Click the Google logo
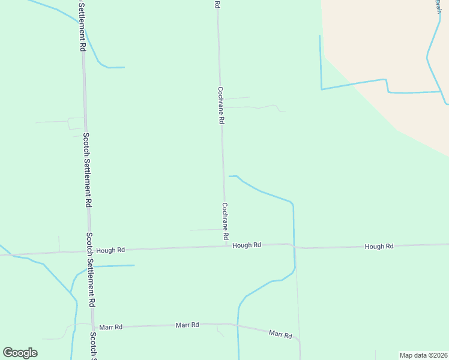coord(20,353)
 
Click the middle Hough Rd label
coord(247,245)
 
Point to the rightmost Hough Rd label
coord(379,247)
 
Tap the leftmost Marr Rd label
coord(111,327)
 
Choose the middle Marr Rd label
coord(187,325)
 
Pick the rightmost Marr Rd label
coord(280,334)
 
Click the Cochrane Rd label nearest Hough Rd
coord(225,220)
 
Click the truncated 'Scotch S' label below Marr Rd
coord(93,346)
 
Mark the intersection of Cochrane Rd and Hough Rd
coord(226,246)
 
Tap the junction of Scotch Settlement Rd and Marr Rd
coord(92,327)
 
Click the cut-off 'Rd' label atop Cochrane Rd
coord(217,4)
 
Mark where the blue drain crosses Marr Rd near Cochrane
coord(238,326)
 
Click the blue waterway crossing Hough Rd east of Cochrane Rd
coord(294,246)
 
